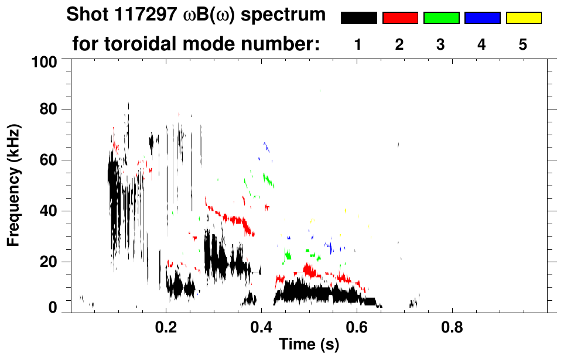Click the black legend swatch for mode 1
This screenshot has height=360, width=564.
pos(359,18)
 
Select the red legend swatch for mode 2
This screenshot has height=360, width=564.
pos(400,18)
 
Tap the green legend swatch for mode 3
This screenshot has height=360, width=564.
pos(441,18)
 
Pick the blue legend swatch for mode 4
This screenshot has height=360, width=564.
pos(482,18)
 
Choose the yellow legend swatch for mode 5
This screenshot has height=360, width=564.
pos(523,18)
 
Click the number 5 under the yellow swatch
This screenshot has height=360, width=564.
pos(522,44)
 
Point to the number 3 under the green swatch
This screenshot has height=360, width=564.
pos(440,44)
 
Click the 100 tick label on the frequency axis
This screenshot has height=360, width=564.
pos(44,61)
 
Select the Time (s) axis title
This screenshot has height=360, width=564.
pos(309,345)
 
